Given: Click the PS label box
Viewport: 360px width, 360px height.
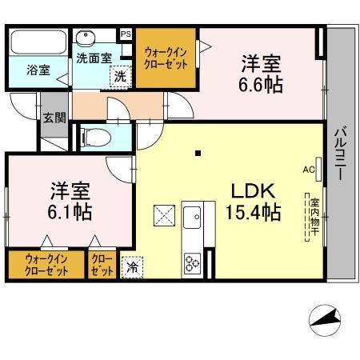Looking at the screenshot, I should pyautogui.click(x=126, y=34).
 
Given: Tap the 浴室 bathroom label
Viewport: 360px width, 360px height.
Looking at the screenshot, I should pyautogui.click(x=38, y=70).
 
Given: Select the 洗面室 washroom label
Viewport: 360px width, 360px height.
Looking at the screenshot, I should pyautogui.click(x=94, y=58).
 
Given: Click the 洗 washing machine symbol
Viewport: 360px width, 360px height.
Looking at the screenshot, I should pyautogui.click(x=119, y=77).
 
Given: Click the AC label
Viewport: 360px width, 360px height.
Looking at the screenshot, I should pyautogui.click(x=308, y=170).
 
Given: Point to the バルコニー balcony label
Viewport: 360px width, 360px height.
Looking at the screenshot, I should pyautogui.click(x=340, y=151).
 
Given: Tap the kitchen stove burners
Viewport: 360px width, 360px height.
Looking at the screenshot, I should pyautogui.click(x=193, y=261).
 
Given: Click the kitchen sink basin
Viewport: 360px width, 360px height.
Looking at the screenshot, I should pyautogui.click(x=193, y=217).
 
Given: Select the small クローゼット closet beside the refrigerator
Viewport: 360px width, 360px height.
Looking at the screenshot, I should pyautogui.click(x=102, y=265).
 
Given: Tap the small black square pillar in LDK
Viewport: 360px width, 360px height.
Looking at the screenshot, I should pyautogui.click(x=198, y=153).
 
